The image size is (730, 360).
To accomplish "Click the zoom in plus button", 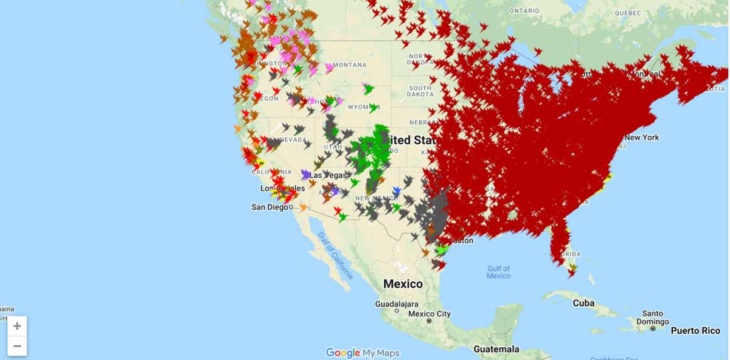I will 17,326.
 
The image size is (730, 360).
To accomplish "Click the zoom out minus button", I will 17,346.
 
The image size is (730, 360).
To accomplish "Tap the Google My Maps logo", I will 363,353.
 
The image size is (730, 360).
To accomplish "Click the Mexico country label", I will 403,284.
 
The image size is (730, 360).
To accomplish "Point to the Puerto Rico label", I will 695,331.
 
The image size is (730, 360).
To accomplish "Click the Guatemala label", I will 496,349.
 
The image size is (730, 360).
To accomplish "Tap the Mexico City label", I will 429,314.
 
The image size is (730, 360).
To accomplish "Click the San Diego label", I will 270,207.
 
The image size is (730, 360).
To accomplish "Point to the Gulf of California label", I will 333,255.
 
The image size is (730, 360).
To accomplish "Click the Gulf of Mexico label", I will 499,272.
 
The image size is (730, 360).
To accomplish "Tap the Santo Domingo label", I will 652,317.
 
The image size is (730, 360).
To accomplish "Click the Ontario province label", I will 524,11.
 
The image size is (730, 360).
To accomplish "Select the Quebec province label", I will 627,13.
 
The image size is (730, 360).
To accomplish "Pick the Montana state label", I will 349,65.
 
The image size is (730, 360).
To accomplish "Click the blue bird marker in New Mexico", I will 397,191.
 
